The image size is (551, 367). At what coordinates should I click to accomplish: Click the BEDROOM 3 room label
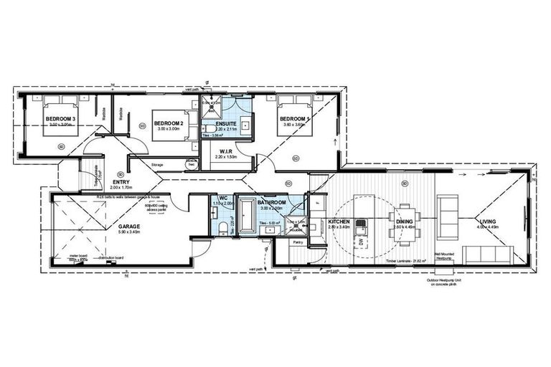click(x=61, y=118)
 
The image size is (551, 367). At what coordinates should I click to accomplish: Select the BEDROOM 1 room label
click(x=295, y=118)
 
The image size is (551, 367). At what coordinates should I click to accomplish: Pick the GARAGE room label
click(x=129, y=226)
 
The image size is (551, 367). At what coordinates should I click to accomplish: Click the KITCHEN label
click(x=339, y=222)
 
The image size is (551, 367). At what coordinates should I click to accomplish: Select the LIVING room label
click(x=489, y=222)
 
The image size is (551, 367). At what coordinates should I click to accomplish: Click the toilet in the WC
click(x=224, y=227)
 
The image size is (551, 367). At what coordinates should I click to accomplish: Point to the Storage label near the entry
click(x=159, y=164)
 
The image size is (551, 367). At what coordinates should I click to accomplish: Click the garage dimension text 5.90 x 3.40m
click(x=129, y=232)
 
